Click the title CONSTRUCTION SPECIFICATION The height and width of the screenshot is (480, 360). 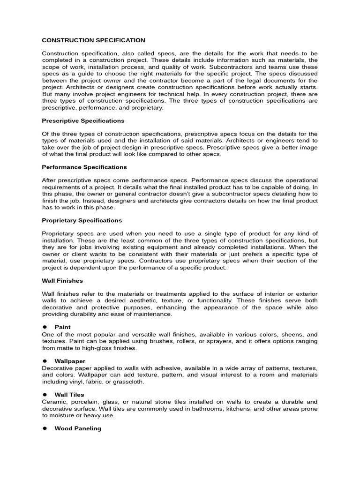[x=94, y=40]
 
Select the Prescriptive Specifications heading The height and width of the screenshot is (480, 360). [x=83, y=120]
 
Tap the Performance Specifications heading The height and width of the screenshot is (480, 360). [x=84, y=167]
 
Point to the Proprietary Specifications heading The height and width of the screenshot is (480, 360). [x=82, y=220]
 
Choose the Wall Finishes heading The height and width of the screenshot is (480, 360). [x=62, y=280]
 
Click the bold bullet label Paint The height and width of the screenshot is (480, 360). [x=62, y=327]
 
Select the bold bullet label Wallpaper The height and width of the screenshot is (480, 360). [x=70, y=361]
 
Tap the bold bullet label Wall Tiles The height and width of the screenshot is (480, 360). [x=69, y=395]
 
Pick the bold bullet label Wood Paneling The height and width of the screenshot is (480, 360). [x=78, y=428]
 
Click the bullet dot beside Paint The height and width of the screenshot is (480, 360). [x=45, y=327]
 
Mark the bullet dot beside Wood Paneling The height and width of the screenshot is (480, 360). [x=45, y=428]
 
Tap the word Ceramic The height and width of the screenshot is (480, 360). [x=54, y=402]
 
